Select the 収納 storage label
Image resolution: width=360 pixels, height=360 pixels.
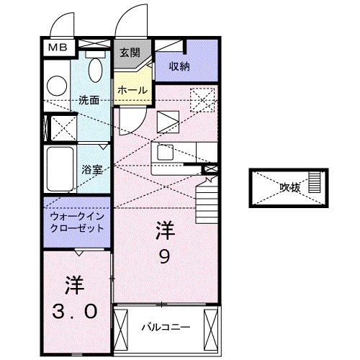click(x=179, y=66)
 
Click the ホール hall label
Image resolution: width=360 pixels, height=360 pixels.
click(x=132, y=90)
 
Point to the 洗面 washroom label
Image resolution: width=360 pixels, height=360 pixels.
click(x=89, y=101)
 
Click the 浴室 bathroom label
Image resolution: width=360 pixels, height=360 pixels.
click(x=92, y=170)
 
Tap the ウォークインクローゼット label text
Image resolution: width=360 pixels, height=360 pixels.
click(x=76, y=222)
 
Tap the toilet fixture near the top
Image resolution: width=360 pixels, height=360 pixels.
click(x=94, y=70)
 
